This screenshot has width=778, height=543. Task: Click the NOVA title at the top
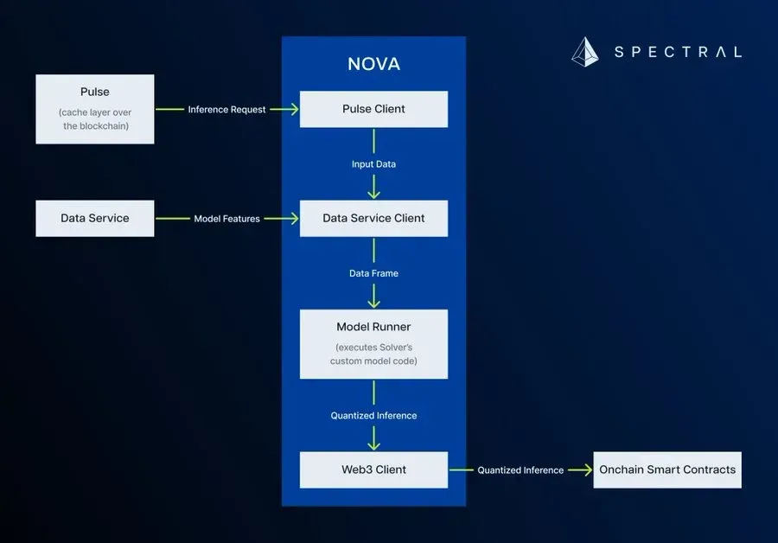coord(373,65)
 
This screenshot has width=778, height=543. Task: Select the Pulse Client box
coord(373,109)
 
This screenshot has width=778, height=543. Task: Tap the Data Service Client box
coord(373,218)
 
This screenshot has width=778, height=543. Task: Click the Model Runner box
coord(373,343)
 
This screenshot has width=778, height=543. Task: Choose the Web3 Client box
coord(373,470)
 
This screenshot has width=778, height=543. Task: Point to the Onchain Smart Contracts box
coord(667,470)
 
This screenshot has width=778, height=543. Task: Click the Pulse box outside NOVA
coord(95,109)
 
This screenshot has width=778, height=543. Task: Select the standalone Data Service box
coord(95,218)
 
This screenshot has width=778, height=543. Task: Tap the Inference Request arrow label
coord(227,110)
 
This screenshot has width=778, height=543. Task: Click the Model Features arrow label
coord(226,219)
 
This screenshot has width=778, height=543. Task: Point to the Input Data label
coord(373,164)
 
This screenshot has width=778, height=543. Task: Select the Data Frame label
coord(373,273)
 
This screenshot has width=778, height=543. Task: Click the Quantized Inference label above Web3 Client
coord(373,416)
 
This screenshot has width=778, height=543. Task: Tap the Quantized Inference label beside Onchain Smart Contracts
coord(520,470)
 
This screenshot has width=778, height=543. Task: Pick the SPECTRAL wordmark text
coord(678,52)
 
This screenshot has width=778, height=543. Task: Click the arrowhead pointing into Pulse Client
coord(293,109)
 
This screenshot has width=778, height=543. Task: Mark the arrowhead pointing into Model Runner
coord(373,303)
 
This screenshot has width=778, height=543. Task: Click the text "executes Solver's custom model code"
coord(373,354)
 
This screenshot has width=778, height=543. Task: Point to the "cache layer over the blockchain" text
coord(95,119)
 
